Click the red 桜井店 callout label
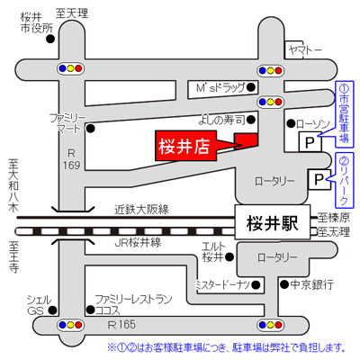185,146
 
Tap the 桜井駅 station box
273,222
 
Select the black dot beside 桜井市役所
50,39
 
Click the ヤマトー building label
304,50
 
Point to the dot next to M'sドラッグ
251,87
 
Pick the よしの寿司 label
221,121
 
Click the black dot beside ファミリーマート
91,129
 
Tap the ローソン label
313,124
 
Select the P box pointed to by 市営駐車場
310,142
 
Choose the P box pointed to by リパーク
319,179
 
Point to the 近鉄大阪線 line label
141,209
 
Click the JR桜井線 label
138,242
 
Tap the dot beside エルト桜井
229,256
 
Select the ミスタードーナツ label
222,284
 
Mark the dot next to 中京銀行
284,284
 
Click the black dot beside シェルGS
53,310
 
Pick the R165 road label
121,325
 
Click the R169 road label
71,159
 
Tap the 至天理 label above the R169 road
72,13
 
